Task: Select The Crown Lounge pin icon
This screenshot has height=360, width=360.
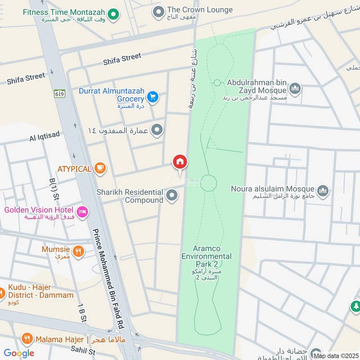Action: click(x=157, y=12)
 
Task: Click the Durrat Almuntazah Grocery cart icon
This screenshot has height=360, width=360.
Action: click(x=153, y=97)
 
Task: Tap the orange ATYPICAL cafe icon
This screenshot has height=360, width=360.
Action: click(x=100, y=169)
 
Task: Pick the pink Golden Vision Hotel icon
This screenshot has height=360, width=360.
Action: click(x=82, y=212)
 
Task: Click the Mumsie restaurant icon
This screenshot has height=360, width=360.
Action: click(x=79, y=252)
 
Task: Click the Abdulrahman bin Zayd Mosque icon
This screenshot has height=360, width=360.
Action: click(x=295, y=89)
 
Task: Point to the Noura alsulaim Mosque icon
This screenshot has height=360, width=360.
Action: click(x=322, y=192)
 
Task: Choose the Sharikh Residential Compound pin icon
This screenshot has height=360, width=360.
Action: click(x=171, y=196)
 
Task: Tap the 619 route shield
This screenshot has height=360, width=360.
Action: click(x=59, y=94)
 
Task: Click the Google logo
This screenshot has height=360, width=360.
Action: click(x=18, y=353)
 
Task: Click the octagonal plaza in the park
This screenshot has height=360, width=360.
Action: click(x=208, y=183)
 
